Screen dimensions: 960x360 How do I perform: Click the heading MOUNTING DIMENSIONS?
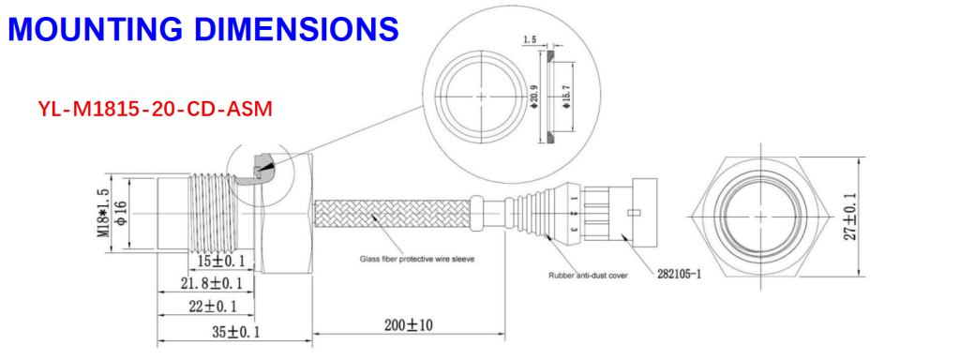pyautogui.click(x=203, y=28)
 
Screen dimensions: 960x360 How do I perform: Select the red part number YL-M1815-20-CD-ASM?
pyautogui.click(x=155, y=109)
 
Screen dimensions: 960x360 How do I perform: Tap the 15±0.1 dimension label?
pyautogui.click(x=220, y=262)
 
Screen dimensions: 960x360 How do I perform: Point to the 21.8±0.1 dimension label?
pyautogui.click(x=211, y=283)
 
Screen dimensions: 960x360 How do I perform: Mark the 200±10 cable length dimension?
pyautogui.click(x=409, y=325)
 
